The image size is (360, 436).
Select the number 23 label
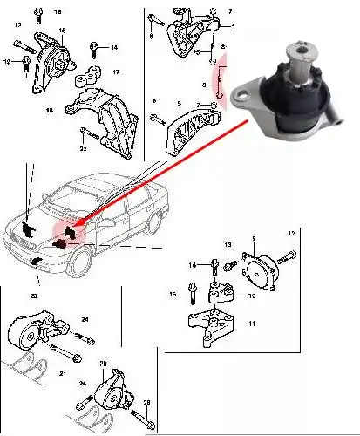click(33, 296)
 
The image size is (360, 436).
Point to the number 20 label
click(103, 363)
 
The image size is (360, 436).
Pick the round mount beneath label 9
click(260, 269)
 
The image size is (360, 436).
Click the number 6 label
click(154, 102)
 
